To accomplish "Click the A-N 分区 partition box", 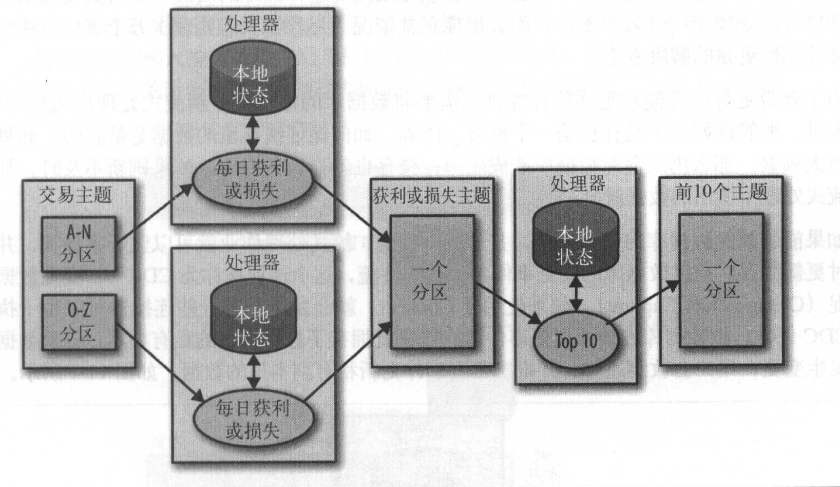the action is (78, 243).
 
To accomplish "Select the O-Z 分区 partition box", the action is (78, 322).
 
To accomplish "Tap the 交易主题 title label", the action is (76, 195).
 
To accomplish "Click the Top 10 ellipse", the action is (576, 341).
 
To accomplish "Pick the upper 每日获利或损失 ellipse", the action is (252, 180).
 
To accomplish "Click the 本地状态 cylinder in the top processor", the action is (252, 83).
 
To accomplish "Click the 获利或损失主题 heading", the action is (431, 196).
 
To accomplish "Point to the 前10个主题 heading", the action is (721, 191).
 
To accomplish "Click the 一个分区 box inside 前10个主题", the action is (721, 280).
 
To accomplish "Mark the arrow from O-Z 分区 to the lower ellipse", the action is (159, 363).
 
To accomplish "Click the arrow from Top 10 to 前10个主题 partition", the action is (643, 302).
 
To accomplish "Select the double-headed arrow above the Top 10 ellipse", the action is (576, 294).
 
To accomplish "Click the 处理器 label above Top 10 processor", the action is (577, 184).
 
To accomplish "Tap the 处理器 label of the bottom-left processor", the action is (252, 263).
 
